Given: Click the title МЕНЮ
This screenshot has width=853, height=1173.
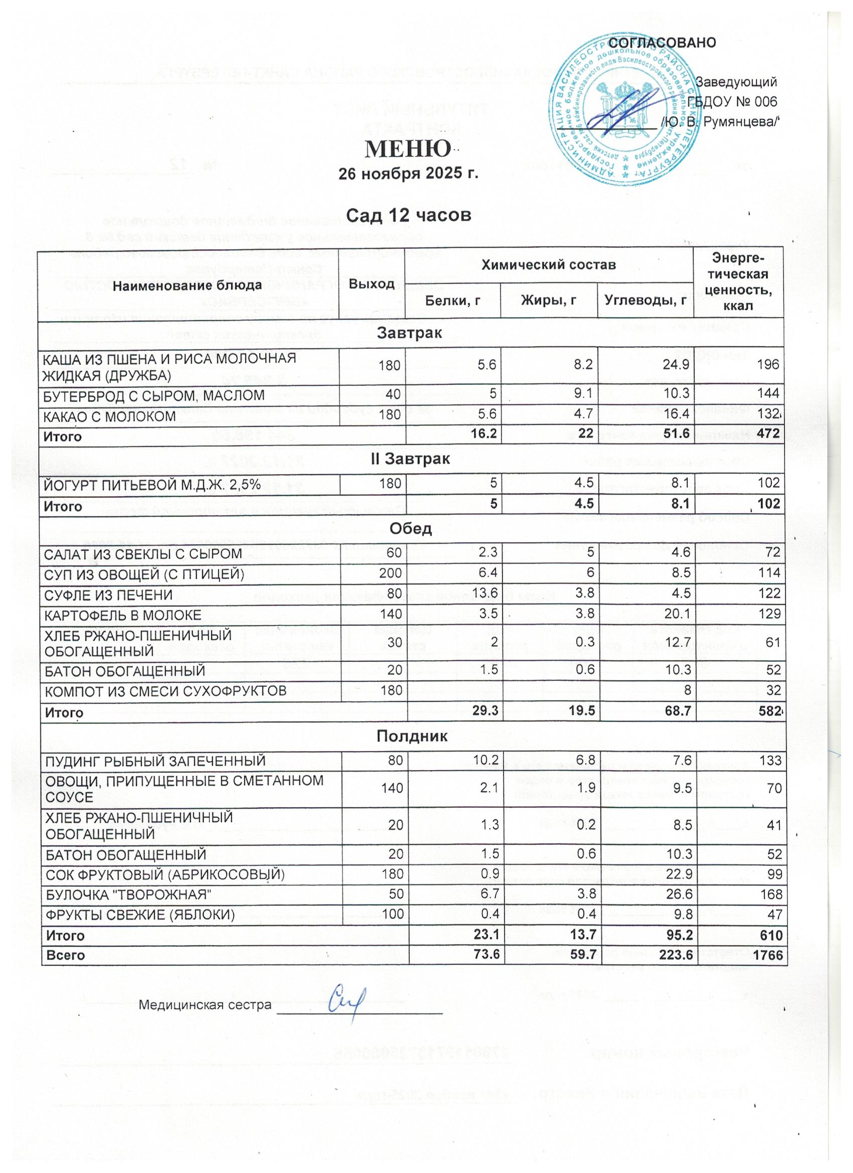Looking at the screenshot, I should (407, 150).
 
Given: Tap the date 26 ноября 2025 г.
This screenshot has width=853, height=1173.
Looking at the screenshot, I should (407, 174).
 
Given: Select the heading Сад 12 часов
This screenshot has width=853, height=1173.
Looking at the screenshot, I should (408, 214).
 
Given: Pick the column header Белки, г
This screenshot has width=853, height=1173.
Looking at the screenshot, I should (453, 300).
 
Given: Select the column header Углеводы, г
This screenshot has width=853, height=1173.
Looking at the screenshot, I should (646, 300).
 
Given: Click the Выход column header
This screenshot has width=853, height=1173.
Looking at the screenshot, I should (372, 284).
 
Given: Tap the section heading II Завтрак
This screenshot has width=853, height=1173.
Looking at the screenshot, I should (412, 458).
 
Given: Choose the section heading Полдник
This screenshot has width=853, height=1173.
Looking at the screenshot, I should (412, 737).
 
